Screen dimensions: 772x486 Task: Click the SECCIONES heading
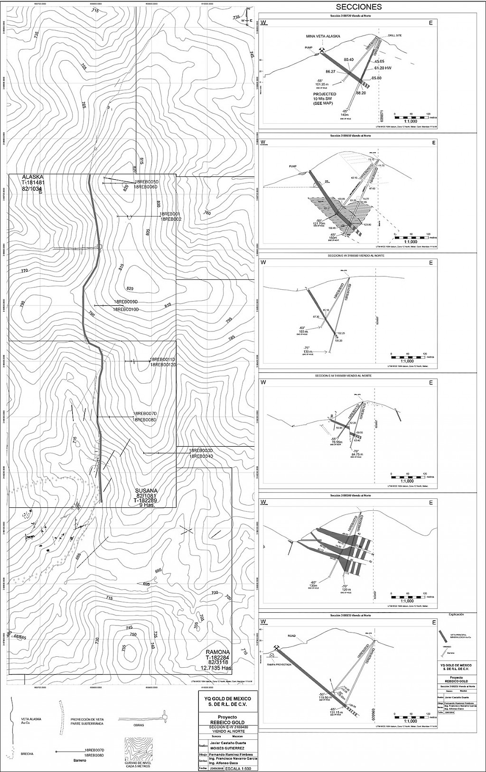358,7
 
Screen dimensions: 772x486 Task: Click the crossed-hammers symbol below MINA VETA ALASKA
322,50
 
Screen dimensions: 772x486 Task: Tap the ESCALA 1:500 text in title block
241,768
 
